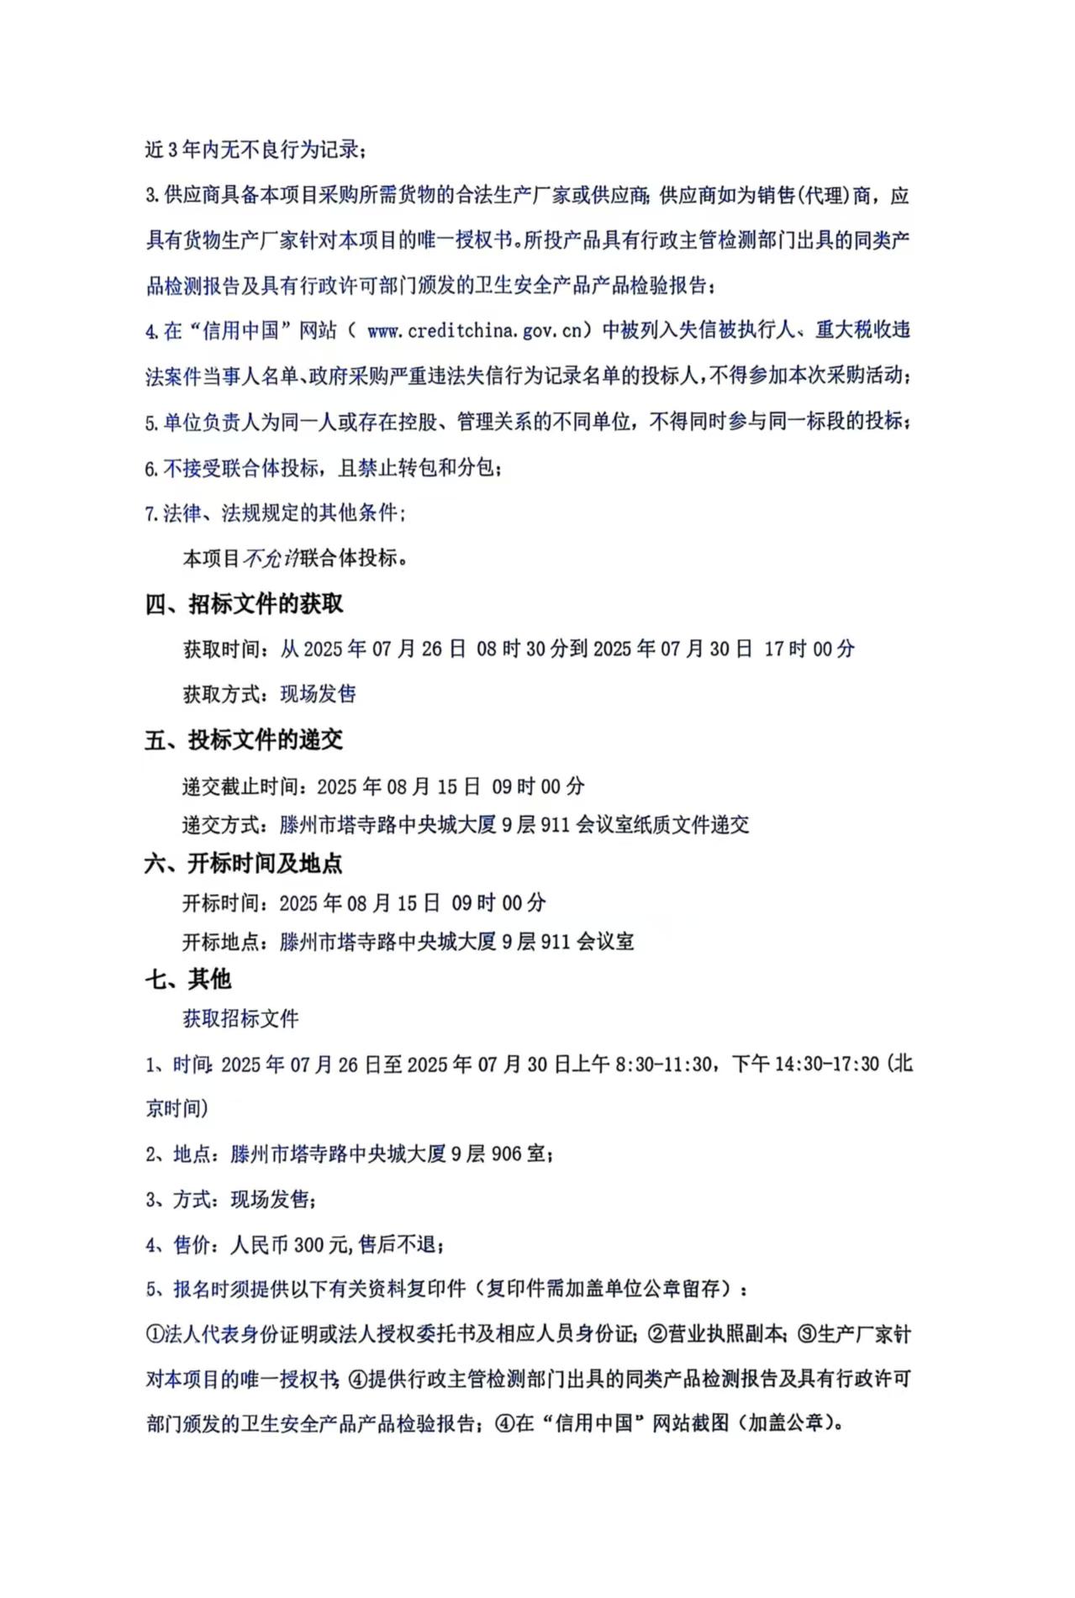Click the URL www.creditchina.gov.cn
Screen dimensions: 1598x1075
[474, 331]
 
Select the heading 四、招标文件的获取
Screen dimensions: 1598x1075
[244, 604]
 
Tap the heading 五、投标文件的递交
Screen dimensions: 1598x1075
[244, 740]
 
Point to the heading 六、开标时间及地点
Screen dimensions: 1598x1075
[244, 864]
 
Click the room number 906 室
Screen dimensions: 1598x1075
[519, 1154]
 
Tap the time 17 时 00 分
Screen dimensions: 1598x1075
[809, 649]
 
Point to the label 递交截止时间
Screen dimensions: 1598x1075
[241, 787]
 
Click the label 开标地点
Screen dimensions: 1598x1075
[221, 942]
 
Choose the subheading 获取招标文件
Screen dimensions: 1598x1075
[241, 1019]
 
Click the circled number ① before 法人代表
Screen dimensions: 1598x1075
[155, 1334]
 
